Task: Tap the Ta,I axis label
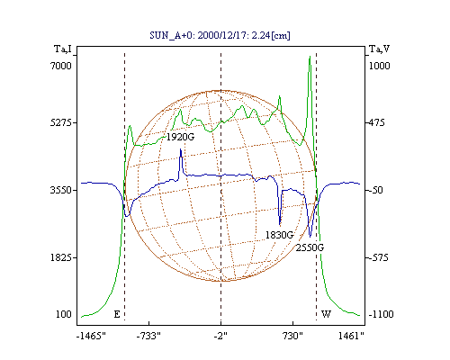(63, 49)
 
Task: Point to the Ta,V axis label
(380, 49)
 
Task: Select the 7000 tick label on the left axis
(61, 66)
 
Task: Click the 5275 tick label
(61, 122)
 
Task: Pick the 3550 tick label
(61, 190)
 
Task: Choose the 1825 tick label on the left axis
(61, 257)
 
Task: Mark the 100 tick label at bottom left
(64, 314)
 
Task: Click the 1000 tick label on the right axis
(379, 66)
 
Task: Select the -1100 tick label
(381, 314)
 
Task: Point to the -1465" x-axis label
(91, 336)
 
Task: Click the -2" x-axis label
(220, 336)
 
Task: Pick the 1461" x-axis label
(351, 336)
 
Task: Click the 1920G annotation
(180, 137)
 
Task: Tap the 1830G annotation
(279, 235)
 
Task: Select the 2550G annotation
(310, 247)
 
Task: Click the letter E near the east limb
(117, 314)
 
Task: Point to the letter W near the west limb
(326, 314)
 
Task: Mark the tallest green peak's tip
(310, 56)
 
